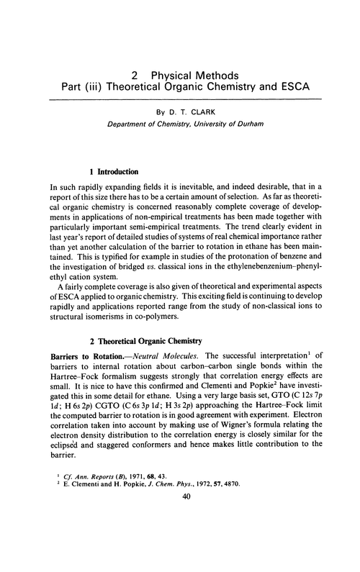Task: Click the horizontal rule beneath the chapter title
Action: point(180,101)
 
